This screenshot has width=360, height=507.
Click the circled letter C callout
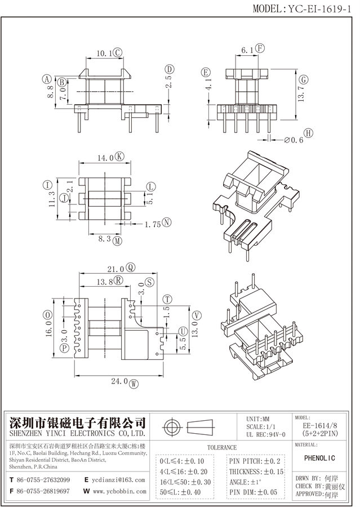[118, 52]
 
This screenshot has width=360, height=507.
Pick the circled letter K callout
[119, 158]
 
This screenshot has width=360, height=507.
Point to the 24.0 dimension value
[118, 383]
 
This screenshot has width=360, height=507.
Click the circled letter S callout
[149, 282]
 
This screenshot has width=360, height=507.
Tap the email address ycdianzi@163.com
[120, 480]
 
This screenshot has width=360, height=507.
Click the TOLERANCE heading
[222, 447]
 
